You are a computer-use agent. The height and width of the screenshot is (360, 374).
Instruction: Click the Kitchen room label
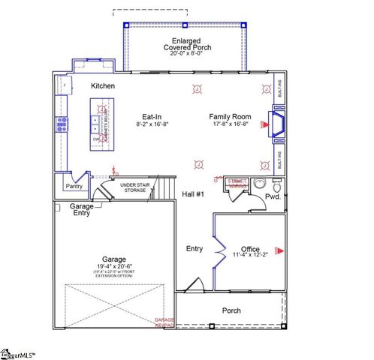tap(103, 86)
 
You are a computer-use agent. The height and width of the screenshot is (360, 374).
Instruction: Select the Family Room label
tap(231, 116)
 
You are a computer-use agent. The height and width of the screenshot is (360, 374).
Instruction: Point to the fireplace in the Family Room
tap(276, 124)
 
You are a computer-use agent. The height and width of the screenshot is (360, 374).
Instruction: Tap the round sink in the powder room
tap(260, 184)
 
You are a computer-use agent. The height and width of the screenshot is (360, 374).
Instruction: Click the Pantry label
tap(74, 186)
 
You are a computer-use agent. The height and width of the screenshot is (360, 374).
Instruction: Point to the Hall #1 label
tap(194, 194)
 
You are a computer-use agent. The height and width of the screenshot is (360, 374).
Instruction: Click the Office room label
tap(250, 249)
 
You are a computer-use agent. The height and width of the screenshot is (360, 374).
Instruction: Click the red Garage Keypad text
tap(164, 323)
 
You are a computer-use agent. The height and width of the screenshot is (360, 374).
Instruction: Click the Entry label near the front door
tap(195, 248)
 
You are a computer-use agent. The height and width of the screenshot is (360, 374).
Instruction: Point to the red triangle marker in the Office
tap(279, 249)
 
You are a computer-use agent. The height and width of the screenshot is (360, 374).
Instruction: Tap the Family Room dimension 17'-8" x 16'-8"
tap(231, 124)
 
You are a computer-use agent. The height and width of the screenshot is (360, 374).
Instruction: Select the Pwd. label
tap(272, 198)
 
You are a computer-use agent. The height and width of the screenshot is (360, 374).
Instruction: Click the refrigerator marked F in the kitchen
tap(63, 86)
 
